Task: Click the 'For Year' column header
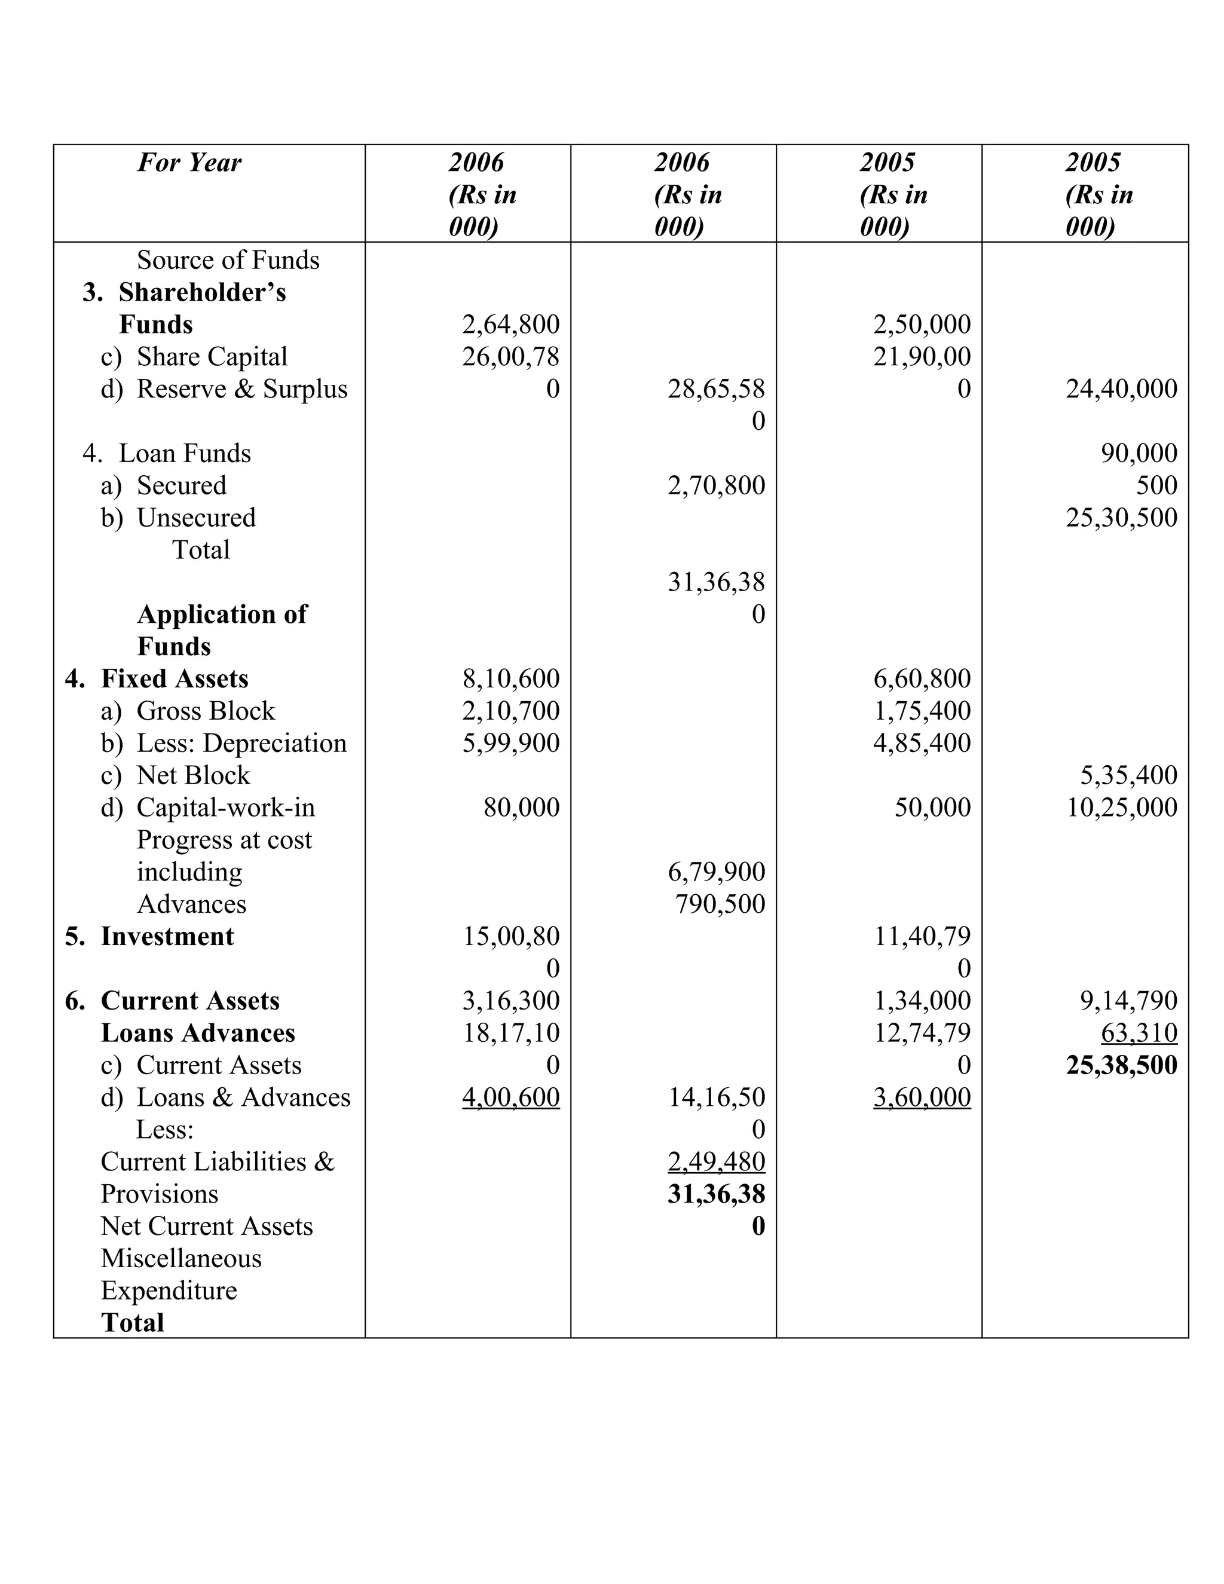(189, 163)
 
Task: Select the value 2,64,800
(510, 324)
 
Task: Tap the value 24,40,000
(1121, 389)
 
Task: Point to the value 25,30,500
(1121, 517)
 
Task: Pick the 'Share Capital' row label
(212, 356)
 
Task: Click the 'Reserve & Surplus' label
(241, 389)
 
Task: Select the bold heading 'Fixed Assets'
(174, 678)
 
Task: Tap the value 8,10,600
(510, 678)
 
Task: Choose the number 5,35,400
(1128, 775)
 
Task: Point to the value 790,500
(720, 904)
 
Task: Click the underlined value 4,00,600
(510, 1097)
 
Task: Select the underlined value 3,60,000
(922, 1097)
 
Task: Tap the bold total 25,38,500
(1121, 1065)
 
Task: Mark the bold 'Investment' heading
(167, 935)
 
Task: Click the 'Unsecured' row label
(196, 517)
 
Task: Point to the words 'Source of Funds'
(228, 259)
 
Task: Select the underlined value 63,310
(1139, 1032)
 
